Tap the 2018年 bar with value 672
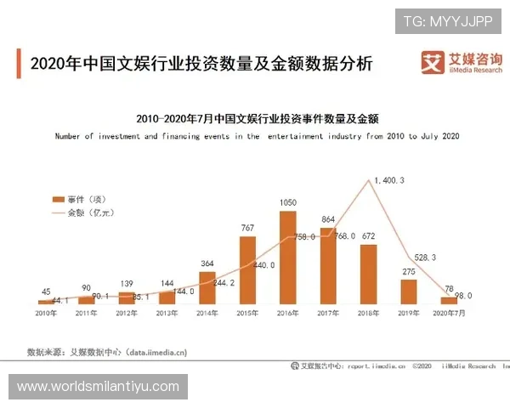(x=368, y=274)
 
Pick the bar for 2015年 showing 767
(x=247, y=269)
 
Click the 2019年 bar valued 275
(x=409, y=292)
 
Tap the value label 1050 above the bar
(x=288, y=202)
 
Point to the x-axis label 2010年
(x=46, y=314)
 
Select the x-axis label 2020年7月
(x=448, y=314)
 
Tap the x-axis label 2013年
(x=167, y=314)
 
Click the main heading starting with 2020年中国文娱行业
(x=201, y=65)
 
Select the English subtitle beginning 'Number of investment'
(x=257, y=136)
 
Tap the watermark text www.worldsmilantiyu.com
(x=99, y=387)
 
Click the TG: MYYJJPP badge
(x=448, y=20)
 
